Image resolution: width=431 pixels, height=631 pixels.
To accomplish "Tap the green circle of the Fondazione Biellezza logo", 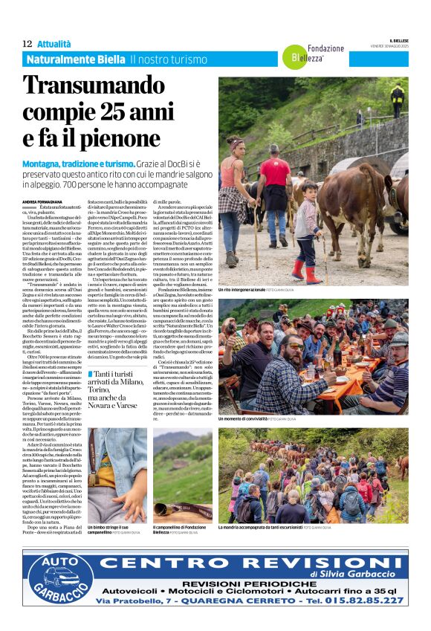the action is tap(291, 54).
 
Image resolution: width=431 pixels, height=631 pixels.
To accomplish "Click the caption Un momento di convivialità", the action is tap(248, 419).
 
